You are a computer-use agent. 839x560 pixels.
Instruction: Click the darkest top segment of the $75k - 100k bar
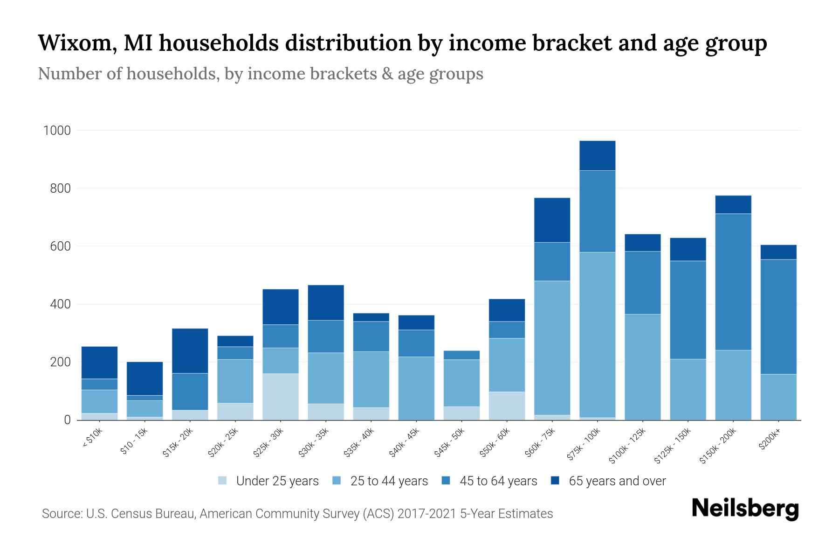(x=597, y=155)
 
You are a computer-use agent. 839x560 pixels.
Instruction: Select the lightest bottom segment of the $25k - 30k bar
(x=281, y=396)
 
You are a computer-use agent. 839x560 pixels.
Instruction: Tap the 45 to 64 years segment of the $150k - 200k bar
(x=733, y=282)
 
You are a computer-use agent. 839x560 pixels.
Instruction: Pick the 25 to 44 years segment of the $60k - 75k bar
(x=552, y=348)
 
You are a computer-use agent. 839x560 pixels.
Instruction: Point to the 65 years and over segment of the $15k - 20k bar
(x=190, y=351)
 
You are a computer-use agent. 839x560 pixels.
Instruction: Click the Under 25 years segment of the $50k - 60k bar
(x=507, y=406)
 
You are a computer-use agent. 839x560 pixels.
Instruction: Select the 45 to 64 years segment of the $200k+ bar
(x=778, y=316)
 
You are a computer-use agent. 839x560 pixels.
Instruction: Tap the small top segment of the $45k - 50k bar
(x=461, y=355)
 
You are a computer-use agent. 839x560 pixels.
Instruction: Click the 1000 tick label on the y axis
(x=57, y=131)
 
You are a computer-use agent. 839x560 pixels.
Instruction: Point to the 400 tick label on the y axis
(x=60, y=304)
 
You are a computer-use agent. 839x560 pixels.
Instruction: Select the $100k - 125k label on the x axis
(x=627, y=446)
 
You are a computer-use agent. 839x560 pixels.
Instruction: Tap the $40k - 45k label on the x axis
(x=405, y=442)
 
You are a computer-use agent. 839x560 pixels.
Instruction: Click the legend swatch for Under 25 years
(x=223, y=481)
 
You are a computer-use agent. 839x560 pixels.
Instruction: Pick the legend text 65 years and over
(x=617, y=481)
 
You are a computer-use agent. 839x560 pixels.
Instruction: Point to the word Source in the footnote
(x=61, y=514)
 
